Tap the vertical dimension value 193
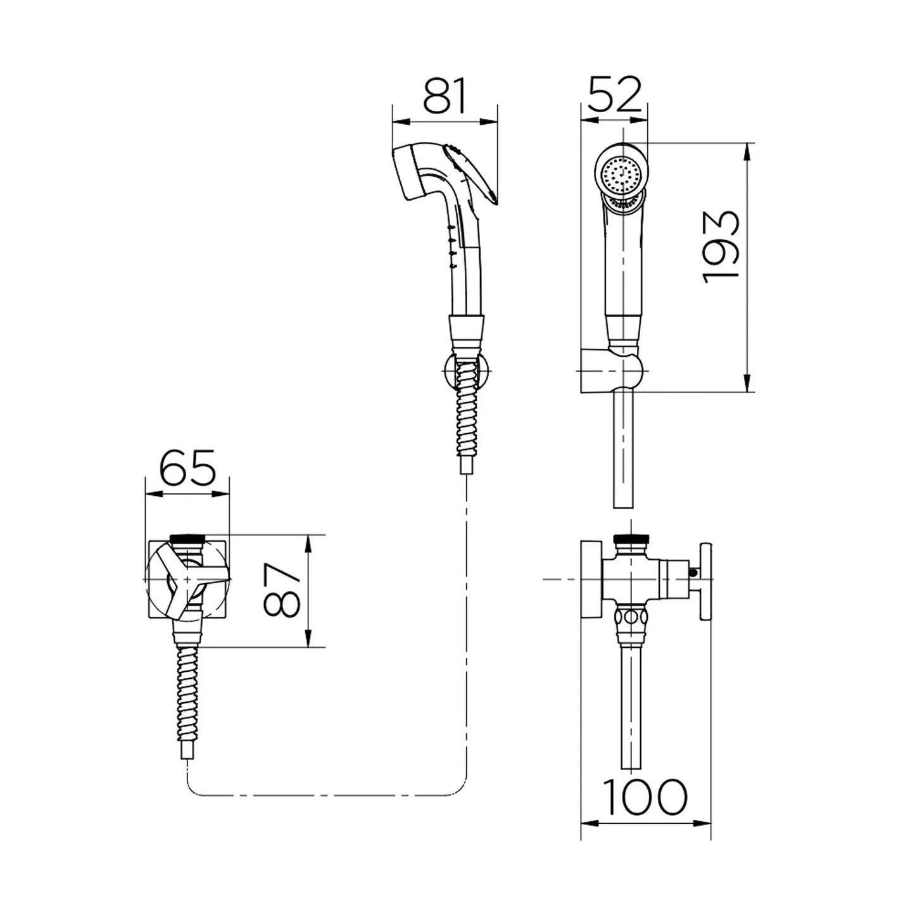click(x=721, y=246)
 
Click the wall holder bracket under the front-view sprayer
click(x=612, y=371)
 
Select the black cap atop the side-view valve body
click(x=631, y=539)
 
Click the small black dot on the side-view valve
click(x=694, y=572)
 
